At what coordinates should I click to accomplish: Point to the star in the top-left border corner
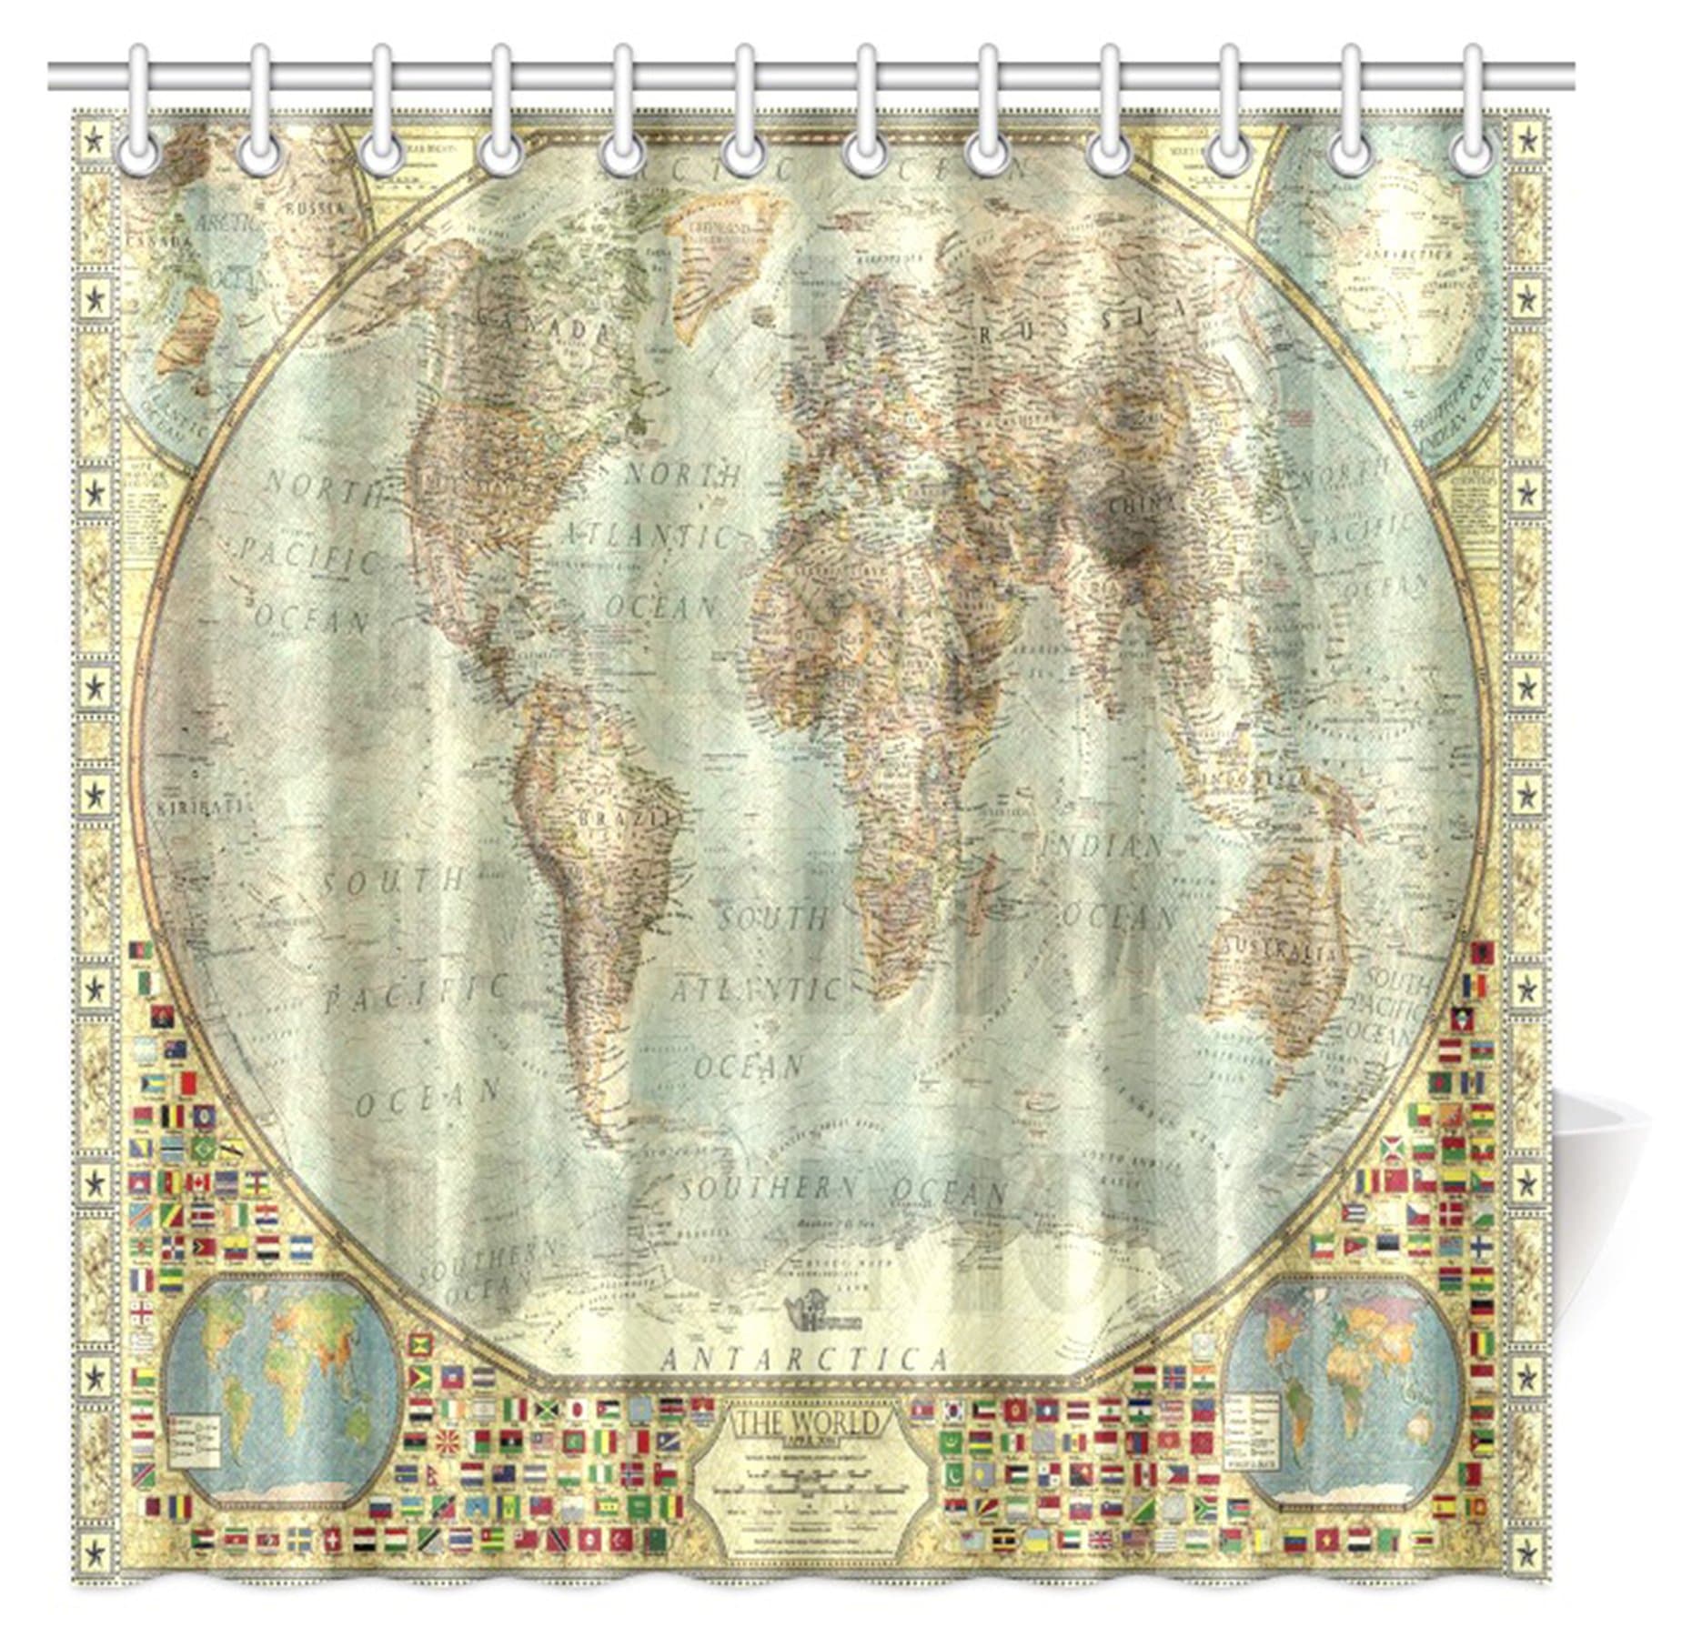click(93, 141)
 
